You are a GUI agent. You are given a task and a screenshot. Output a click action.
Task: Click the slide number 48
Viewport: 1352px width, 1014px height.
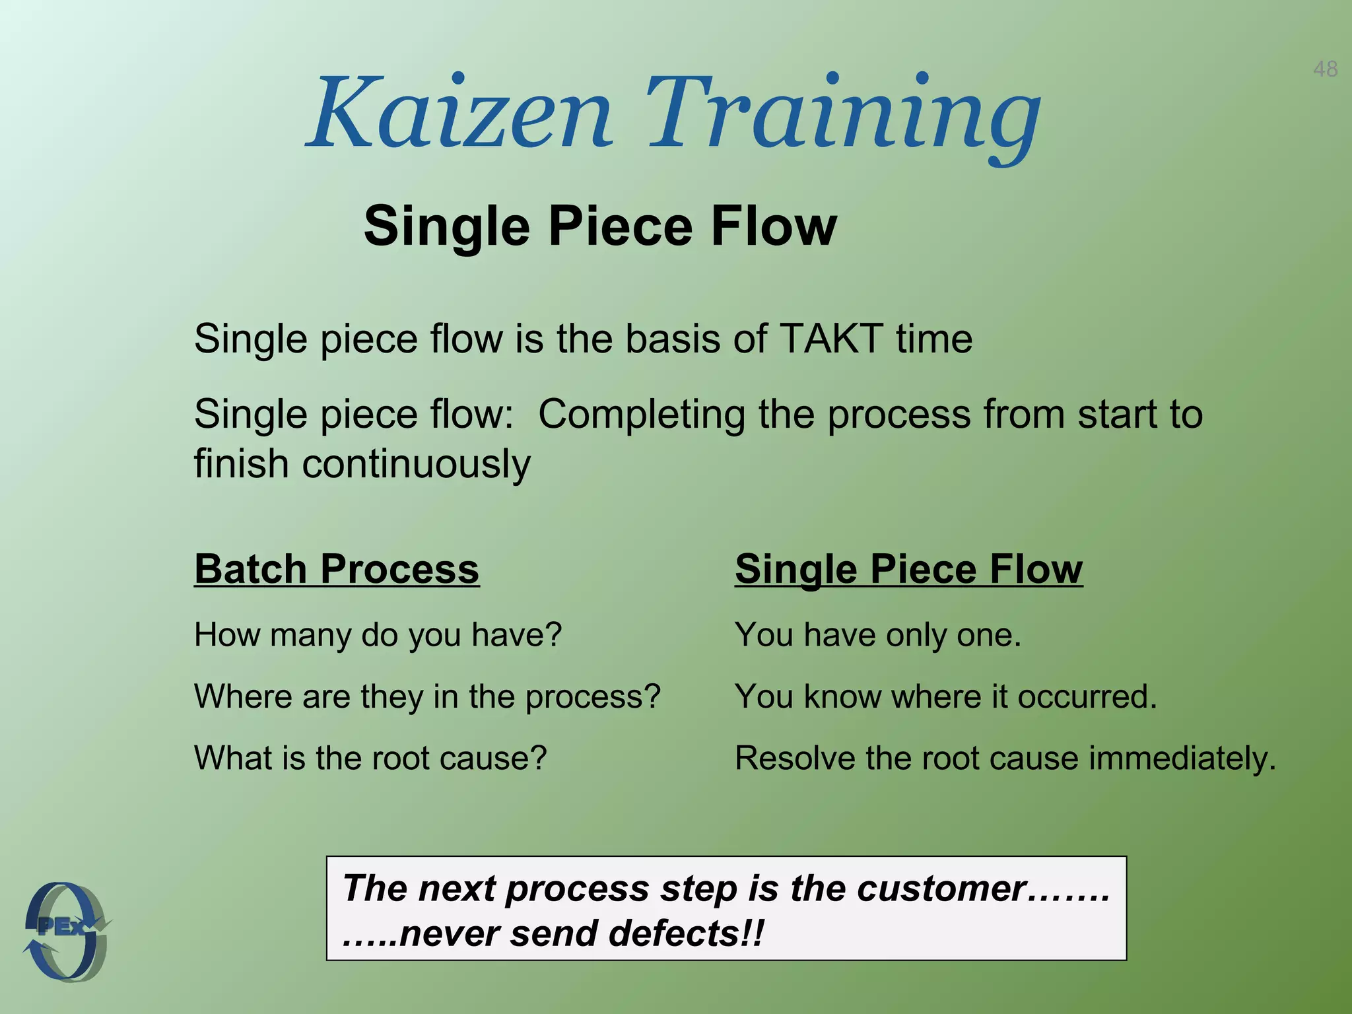pos(1325,69)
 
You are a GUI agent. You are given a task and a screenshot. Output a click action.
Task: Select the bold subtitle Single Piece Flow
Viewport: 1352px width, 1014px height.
pos(600,226)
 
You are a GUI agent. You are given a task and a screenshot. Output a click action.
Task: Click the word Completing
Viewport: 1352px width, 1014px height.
pos(642,415)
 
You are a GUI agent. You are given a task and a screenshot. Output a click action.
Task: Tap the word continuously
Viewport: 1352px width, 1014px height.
pos(416,463)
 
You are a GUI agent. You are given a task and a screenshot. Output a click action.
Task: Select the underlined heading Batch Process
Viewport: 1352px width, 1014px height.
pos(337,568)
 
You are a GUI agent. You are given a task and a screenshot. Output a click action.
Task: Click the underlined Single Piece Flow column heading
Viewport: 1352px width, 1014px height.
pos(908,568)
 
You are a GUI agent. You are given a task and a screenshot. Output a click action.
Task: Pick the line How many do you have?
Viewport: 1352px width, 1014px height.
pos(378,635)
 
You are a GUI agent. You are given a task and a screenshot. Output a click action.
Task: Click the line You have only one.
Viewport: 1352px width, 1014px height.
pos(878,635)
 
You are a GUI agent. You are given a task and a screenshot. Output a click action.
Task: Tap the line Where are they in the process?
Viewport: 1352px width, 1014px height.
pos(427,696)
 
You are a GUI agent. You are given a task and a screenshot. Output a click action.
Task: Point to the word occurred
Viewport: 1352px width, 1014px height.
pos(1087,696)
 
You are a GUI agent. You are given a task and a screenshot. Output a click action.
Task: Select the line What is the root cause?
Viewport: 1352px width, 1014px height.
pos(370,758)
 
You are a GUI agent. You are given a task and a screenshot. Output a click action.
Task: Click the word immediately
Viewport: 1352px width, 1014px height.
pos(1182,758)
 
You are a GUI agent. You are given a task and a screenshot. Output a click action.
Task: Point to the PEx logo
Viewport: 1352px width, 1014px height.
pos(66,931)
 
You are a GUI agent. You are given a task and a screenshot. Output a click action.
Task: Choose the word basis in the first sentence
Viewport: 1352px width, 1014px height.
pos(673,339)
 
